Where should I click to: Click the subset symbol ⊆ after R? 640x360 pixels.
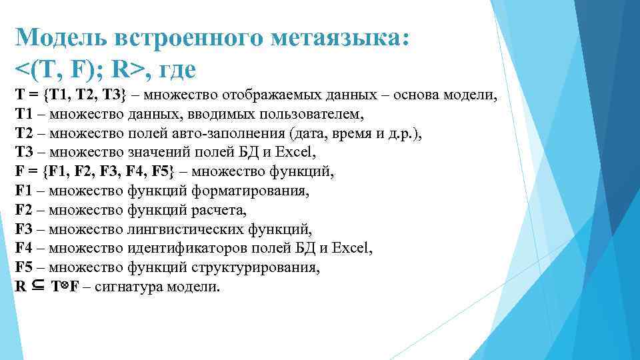[37, 287]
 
